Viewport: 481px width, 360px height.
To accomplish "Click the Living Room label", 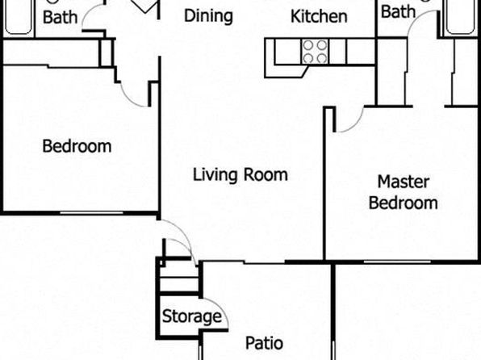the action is click(240, 174).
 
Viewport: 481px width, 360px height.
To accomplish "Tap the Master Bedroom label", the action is click(403, 192).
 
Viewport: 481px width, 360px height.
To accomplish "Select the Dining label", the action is click(208, 16).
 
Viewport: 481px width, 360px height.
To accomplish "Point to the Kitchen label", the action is click(319, 16).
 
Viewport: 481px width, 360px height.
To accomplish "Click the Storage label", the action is click(192, 316).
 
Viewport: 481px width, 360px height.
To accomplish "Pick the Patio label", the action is click(264, 343).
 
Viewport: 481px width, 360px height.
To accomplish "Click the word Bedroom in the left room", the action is click(77, 146).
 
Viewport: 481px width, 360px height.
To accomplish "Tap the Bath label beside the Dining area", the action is click(60, 17).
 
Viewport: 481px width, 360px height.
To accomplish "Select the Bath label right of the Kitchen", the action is click(398, 11).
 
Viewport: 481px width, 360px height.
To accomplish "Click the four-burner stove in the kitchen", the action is click(315, 51).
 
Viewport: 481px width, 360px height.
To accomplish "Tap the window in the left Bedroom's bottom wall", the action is click(91, 212).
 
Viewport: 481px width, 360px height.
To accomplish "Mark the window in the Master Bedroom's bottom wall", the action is click(397, 262).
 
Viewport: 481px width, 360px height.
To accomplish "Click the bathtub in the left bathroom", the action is click(19, 17).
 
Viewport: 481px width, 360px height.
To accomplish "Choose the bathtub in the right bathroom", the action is click(460, 17).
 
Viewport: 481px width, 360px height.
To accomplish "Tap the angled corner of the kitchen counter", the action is click(304, 73).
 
